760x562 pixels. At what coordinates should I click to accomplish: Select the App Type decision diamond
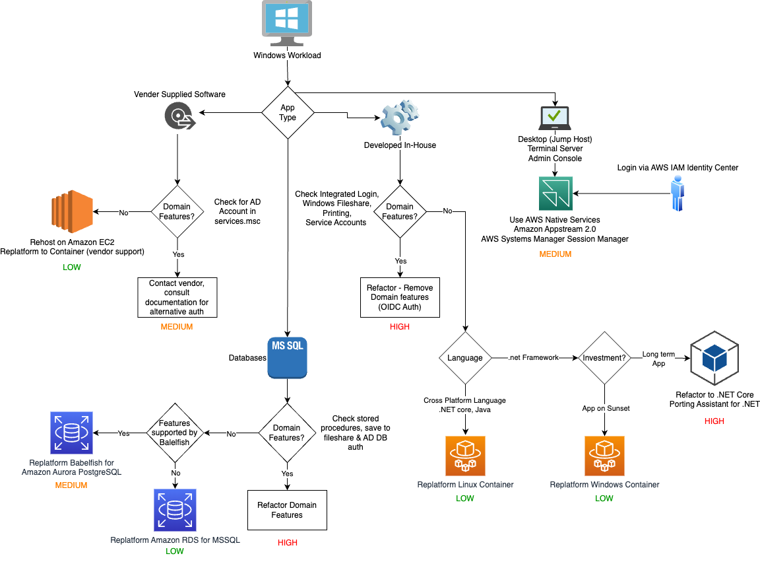coord(288,112)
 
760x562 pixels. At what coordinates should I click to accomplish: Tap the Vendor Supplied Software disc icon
coord(177,117)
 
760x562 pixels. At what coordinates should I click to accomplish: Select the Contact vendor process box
coord(177,297)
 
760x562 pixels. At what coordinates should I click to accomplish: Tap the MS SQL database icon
coord(287,357)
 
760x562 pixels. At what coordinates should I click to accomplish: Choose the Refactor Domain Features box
coord(287,510)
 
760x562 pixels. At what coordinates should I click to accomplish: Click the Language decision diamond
coord(465,358)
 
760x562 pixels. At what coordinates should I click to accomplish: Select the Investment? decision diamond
coord(604,358)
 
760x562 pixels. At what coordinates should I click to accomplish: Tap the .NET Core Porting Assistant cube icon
coord(714,358)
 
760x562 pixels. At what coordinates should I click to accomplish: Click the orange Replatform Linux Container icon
coord(465,456)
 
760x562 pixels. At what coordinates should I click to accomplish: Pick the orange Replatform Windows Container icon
coord(604,456)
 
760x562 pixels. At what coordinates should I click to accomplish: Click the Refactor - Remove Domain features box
coord(400,297)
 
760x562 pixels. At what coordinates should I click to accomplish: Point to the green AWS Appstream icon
coord(555,193)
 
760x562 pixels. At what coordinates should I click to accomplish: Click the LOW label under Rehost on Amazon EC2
coord(72,267)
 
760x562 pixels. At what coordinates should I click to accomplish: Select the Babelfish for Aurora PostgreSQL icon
coord(72,434)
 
